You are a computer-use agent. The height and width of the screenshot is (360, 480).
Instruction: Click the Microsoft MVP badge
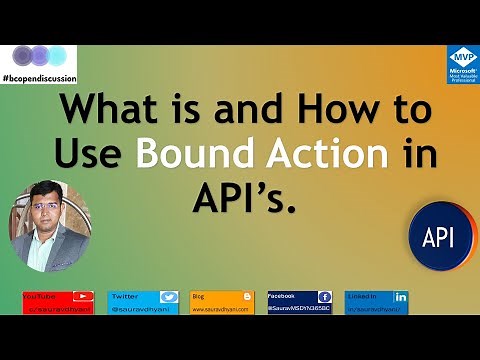pyautogui.click(x=462, y=63)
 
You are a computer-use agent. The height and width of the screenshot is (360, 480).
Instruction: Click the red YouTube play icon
pyautogui.click(x=84, y=297)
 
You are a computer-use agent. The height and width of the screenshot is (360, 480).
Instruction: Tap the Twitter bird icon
pyautogui.click(x=169, y=297)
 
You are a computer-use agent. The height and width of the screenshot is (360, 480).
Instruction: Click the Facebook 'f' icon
pyautogui.click(x=324, y=297)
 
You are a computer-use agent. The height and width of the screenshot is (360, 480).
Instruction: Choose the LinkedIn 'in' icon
pyautogui.click(x=400, y=297)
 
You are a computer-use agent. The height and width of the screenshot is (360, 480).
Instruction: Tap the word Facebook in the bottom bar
pyautogui.click(x=283, y=296)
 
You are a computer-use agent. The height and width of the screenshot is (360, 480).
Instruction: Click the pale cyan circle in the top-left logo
pyautogui.click(x=59, y=54)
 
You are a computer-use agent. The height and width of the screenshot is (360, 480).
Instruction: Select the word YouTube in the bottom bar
pyautogui.click(x=40, y=296)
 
